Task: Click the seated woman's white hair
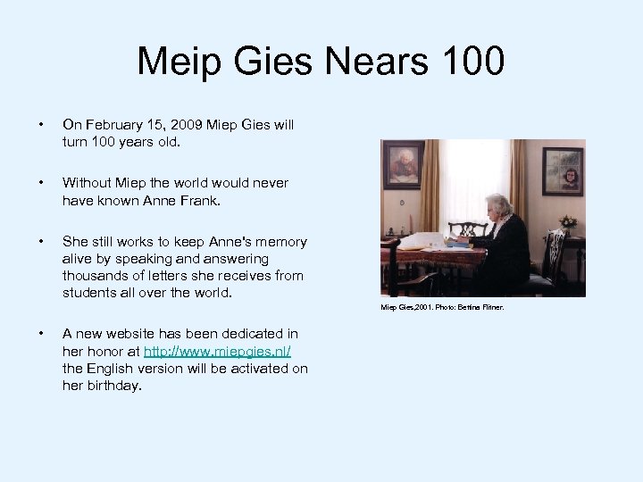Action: pyautogui.click(x=497, y=202)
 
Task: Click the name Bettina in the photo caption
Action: pyautogui.click(x=471, y=308)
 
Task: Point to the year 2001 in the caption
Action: pyautogui.click(x=417, y=308)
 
